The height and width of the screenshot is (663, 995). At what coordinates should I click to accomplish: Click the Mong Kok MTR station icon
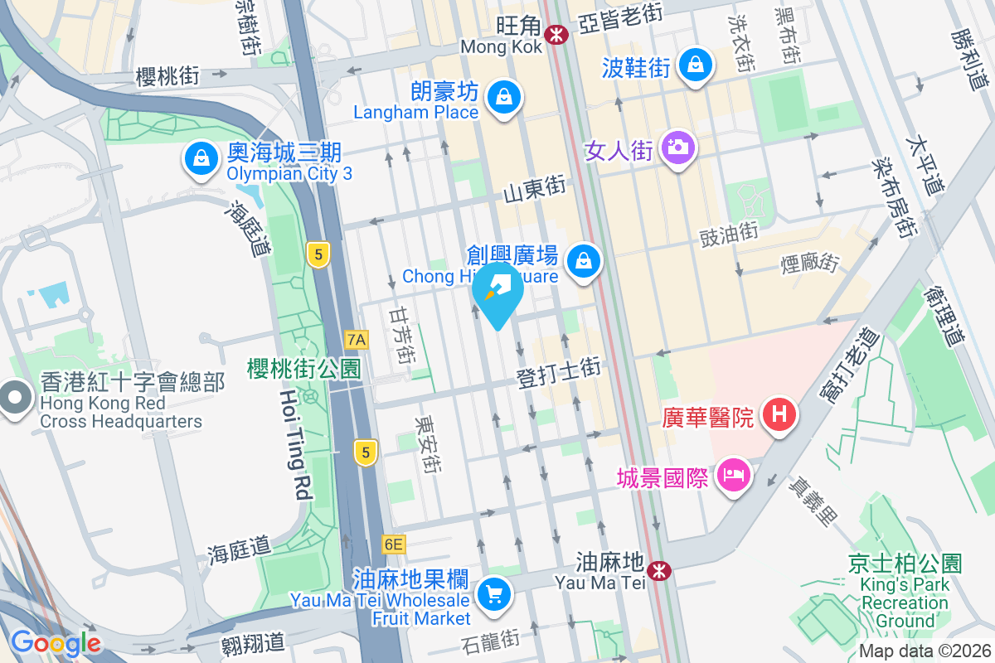point(556,34)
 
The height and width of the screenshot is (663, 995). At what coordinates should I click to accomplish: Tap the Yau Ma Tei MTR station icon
point(660,570)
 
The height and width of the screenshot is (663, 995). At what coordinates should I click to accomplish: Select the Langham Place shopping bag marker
point(503,97)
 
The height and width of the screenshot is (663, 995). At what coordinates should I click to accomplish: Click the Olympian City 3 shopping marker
point(200,158)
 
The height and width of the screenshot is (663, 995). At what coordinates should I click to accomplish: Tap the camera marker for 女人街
point(678,148)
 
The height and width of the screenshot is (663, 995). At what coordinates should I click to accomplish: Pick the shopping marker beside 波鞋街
point(695,65)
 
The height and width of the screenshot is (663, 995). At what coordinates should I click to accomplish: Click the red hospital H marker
point(779,413)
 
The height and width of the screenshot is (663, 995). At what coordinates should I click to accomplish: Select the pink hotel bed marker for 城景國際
point(734,476)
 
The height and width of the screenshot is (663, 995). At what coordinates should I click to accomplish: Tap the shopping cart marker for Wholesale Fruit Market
point(494,593)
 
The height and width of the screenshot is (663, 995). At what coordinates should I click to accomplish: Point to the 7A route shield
point(357,339)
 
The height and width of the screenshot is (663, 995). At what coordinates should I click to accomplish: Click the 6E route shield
point(393,544)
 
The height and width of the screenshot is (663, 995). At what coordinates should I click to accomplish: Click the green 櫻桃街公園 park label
point(303,369)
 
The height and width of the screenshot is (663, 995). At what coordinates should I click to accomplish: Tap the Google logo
point(56,642)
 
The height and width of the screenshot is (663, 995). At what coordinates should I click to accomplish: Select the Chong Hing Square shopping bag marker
point(585,262)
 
